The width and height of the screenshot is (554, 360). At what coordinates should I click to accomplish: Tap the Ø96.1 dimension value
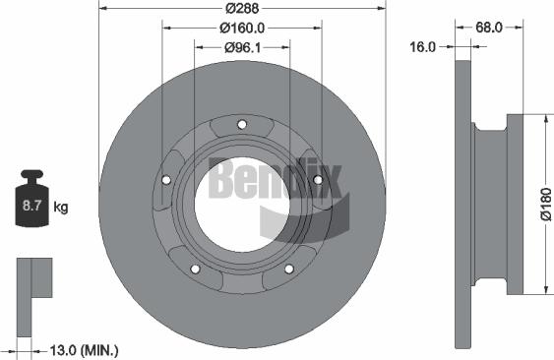[x=241, y=45]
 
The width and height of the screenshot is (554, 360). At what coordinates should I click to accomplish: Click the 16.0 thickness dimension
[x=422, y=45]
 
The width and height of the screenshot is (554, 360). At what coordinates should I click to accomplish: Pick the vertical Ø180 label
[x=544, y=203]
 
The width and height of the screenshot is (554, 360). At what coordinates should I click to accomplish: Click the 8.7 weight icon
[x=31, y=204]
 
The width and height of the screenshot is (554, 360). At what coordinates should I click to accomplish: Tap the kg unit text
[x=61, y=207]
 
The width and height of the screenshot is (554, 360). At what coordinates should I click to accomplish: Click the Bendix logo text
[x=276, y=178]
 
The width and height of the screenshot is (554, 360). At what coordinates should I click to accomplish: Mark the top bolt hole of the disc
[x=242, y=123]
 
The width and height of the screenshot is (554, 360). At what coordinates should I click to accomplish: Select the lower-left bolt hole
[x=195, y=270]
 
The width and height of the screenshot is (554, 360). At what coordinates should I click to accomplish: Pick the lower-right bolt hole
[x=289, y=270]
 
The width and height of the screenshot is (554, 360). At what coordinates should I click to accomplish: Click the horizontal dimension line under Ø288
[x=241, y=14]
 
